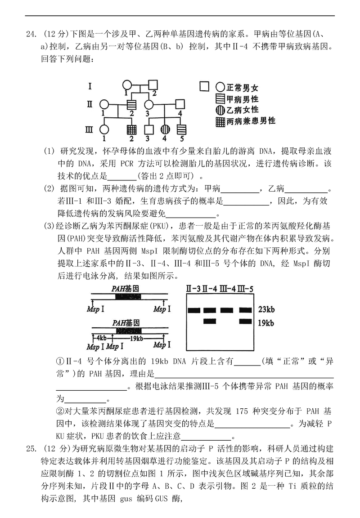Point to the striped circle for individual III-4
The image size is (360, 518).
point(165,130)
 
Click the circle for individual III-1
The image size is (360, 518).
point(104,130)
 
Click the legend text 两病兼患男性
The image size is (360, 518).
point(251,121)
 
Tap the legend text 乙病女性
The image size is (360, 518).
point(243,110)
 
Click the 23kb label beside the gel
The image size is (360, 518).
point(267,310)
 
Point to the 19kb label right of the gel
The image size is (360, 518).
point(267,322)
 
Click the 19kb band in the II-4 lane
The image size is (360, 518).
point(210,322)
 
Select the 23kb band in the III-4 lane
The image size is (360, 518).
point(227,310)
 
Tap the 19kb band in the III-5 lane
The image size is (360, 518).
point(246,322)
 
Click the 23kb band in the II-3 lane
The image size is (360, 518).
point(194,310)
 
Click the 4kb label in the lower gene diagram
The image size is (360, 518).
point(99,338)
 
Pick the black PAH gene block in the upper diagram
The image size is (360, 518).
point(127,297)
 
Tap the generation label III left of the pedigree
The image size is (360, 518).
point(89,130)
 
